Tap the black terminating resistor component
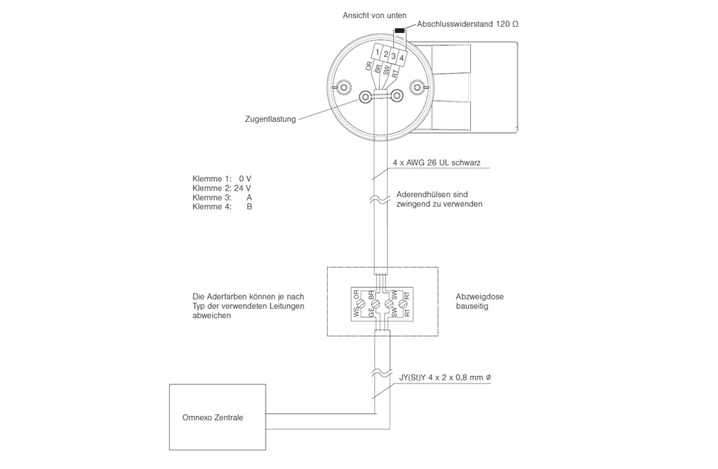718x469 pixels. point(399,32)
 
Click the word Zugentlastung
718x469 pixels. point(271,118)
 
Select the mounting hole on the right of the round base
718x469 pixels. point(415,87)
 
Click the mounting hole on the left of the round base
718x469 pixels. point(344,87)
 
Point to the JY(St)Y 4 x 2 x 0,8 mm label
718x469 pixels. point(445,378)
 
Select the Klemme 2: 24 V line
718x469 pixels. point(217,188)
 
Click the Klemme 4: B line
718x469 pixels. point(222,207)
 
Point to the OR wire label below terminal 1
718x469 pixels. point(369,67)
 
